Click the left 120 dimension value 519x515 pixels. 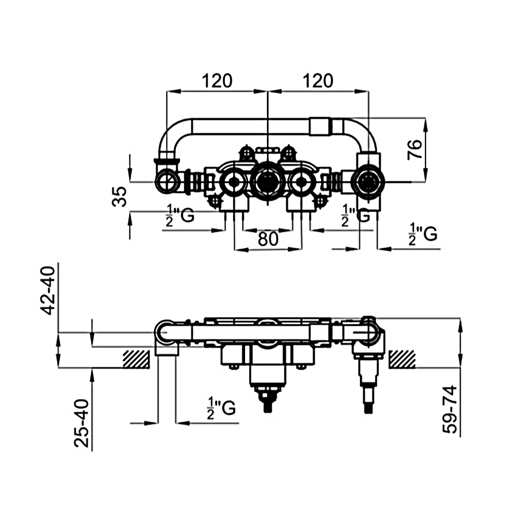click(x=217, y=81)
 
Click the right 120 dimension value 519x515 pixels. click(x=318, y=81)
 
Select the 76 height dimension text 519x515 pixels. click(x=415, y=149)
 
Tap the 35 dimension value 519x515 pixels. click(x=119, y=197)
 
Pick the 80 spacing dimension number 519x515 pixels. click(x=268, y=239)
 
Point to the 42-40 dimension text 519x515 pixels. click(x=47, y=291)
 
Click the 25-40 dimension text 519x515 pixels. click(x=81, y=423)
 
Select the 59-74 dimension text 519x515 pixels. click(x=450, y=409)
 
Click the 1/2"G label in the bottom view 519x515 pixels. click(x=221, y=408)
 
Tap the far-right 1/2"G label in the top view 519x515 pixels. click(x=423, y=234)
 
